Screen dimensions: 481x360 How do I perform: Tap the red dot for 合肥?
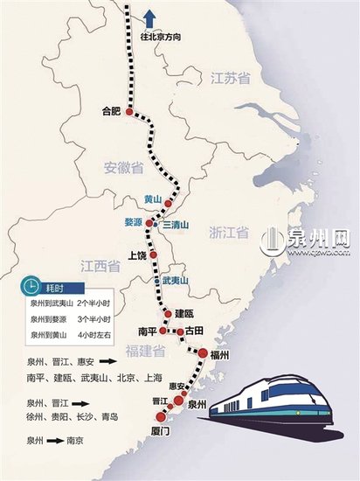pos(130,112)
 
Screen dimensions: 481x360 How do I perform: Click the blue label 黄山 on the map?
pos(154,199)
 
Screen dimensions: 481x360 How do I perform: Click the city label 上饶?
pos(138,255)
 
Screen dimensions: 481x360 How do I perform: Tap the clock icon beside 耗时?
pos(31,286)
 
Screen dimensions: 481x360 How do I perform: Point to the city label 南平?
pos(147,332)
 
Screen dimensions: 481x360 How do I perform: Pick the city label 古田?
pos(194,331)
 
